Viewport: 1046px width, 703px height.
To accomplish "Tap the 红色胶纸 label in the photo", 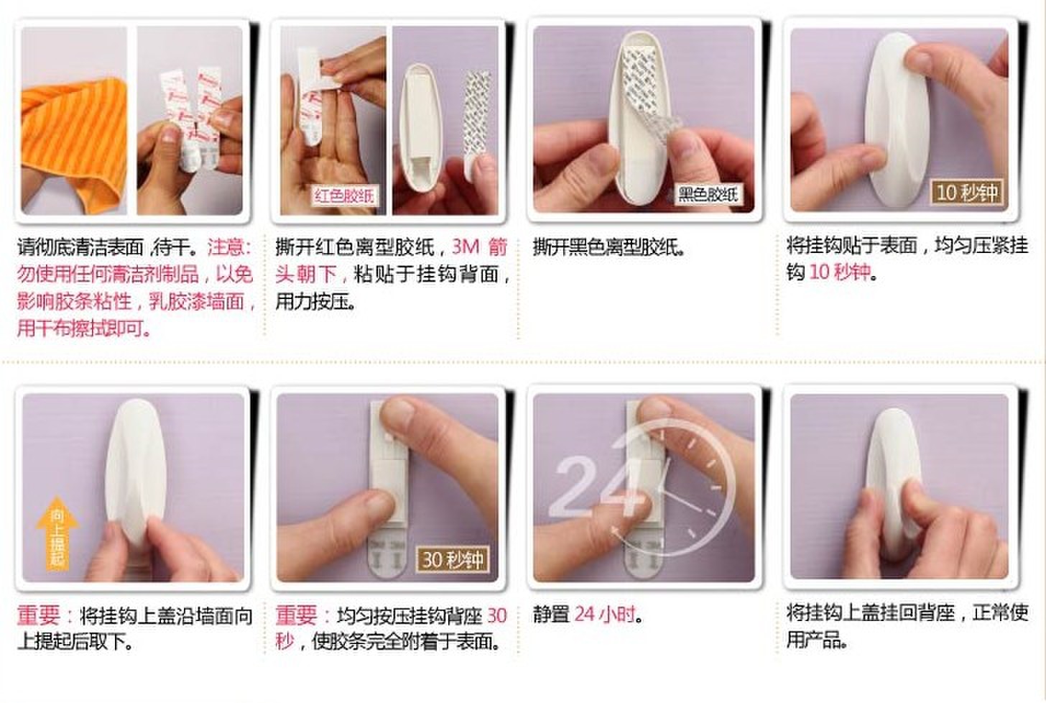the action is [x=344, y=196].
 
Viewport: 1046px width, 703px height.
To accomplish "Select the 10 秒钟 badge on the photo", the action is [x=967, y=193].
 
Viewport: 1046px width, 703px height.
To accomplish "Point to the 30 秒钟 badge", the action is [x=453, y=559].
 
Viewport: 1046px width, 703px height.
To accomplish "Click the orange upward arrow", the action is [x=57, y=533].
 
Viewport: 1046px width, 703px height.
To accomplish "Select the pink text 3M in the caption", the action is [x=466, y=247].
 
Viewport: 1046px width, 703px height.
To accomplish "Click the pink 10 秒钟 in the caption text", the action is [x=840, y=272].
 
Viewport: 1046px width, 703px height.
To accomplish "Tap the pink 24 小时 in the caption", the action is [x=605, y=615].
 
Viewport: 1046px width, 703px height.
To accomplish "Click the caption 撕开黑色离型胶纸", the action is [x=609, y=247].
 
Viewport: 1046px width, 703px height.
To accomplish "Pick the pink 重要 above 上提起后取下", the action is [x=39, y=615].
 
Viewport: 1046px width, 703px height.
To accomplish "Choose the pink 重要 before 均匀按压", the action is [x=297, y=615].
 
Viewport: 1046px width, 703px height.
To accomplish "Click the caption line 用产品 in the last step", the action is [x=817, y=640].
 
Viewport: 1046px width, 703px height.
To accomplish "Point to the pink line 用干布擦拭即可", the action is [x=83, y=328].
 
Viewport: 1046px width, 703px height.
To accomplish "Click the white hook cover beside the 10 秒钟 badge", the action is [x=897, y=119].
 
